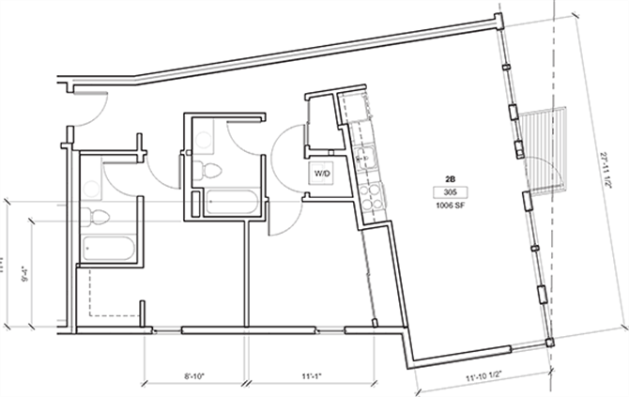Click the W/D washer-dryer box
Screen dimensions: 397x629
(322, 174)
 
